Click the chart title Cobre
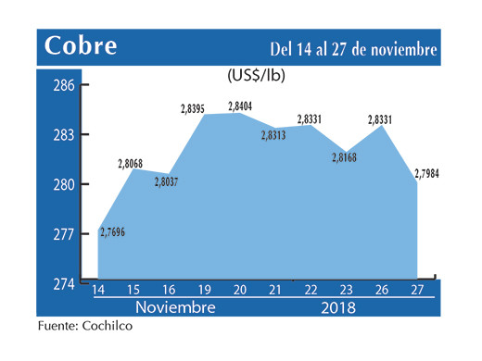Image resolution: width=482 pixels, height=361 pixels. coord(79,46)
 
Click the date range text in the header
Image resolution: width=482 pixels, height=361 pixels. coord(352,48)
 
